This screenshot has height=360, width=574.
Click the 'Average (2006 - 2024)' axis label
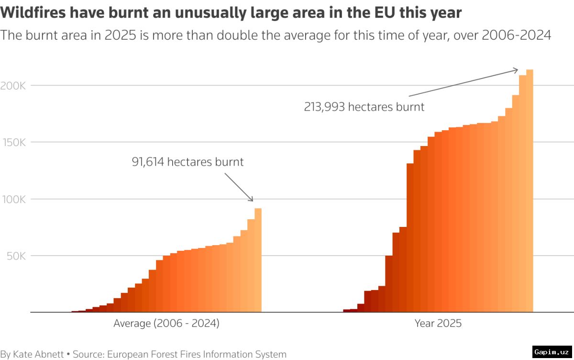[166, 324]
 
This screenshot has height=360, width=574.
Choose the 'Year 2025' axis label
[438, 324]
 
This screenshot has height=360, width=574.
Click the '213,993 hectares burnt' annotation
[364, 107]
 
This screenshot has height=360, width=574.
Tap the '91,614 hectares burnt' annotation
[188, 162]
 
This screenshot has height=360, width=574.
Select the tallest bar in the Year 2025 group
[530, 191]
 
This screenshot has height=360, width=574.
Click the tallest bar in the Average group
[258, 261]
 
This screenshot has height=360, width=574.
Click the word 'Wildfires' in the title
[34, 13]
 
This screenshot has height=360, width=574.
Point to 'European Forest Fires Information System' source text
[197, 354]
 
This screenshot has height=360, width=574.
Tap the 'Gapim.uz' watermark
[552, 351]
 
